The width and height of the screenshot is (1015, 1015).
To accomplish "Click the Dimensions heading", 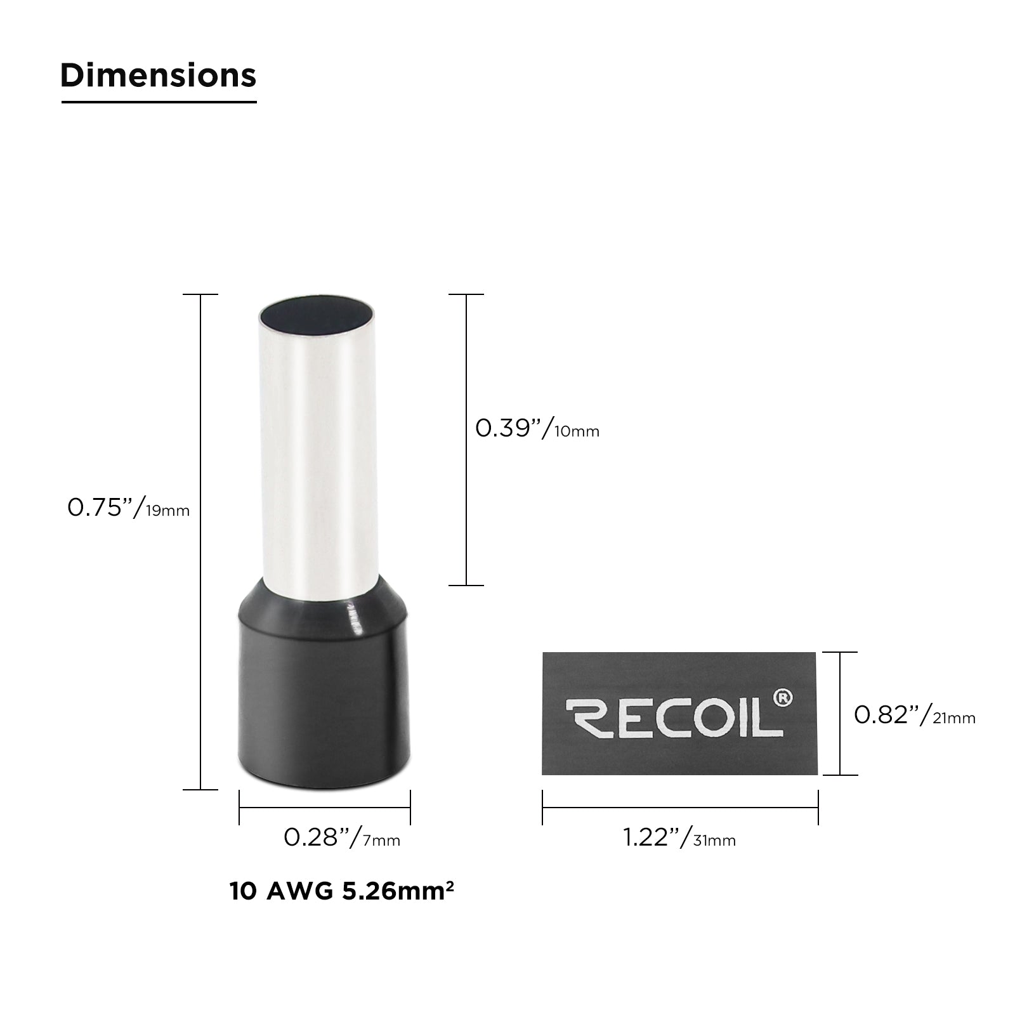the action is point(159,75).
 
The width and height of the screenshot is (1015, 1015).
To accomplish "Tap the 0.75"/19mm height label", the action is point(129,508).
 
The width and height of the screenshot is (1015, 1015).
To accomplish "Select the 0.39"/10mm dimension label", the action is point(537,429).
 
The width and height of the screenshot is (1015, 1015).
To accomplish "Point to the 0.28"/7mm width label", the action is point(342,838).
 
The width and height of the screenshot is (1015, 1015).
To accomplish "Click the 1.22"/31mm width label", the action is point(679,838).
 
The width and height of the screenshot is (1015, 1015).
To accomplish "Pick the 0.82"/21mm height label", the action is point(915,715).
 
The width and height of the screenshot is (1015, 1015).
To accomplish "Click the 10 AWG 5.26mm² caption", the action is point(341,891).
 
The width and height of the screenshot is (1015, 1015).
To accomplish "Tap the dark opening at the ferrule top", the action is point(316,313).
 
